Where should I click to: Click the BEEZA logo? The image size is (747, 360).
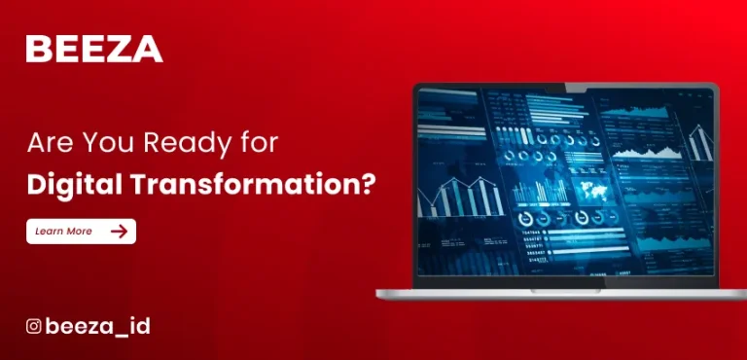(x=94, y=48)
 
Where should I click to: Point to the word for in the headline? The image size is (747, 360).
(x=259, y=144)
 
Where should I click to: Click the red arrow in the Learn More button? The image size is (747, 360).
(x=119, y=231)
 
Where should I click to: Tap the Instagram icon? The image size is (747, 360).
(x=34, y=327)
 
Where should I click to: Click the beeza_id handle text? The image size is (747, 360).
(x=97, y=327)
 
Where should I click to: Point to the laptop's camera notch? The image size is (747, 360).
(x=566, y=87)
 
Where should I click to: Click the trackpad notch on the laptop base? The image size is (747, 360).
(x=566, y=289)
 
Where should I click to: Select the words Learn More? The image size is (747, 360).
(x=63, y=232)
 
